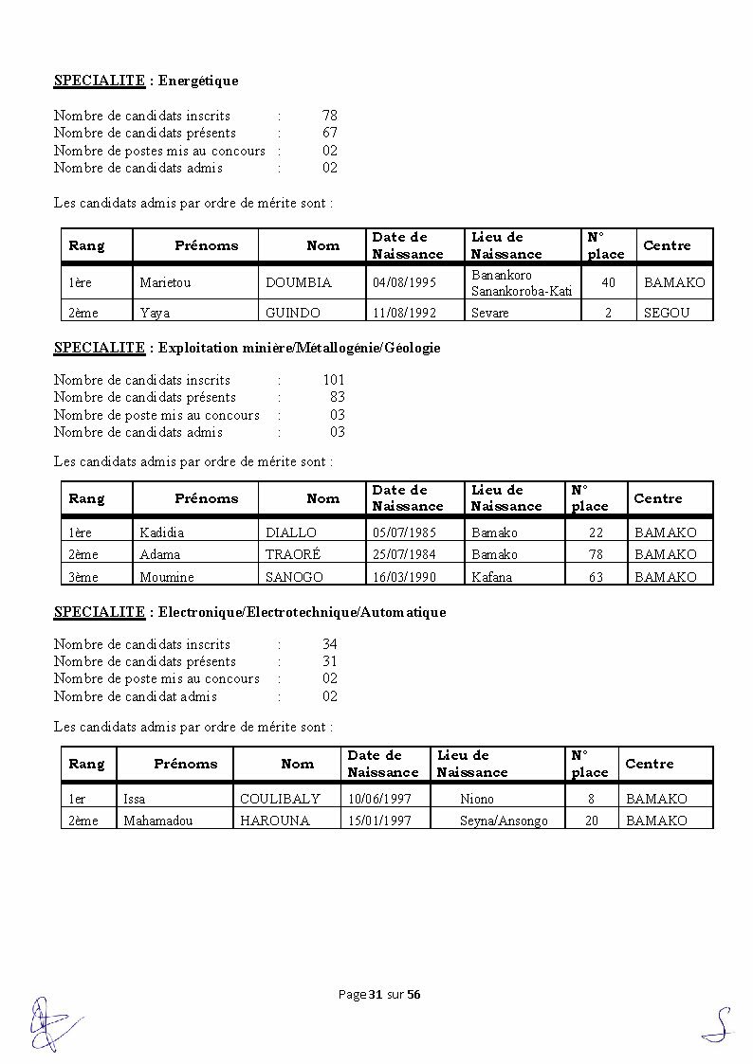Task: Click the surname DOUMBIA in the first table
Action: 299,282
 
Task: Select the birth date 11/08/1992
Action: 404,313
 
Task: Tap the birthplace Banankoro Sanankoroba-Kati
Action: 522,283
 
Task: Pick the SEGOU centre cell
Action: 667,313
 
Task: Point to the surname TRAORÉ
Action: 293,554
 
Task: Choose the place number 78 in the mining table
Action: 596,554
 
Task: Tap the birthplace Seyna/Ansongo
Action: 504,821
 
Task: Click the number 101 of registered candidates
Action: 334,380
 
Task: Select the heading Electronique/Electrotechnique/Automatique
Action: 302,612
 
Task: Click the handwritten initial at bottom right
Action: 718,1026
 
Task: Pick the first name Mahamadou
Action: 157,821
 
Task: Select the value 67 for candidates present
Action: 330,133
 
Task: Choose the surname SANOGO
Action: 294,577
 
